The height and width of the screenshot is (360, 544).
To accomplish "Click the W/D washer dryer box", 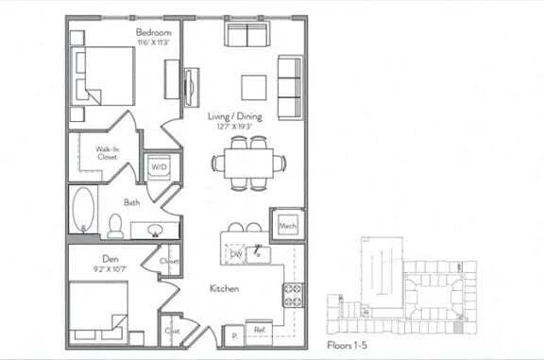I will (158, 166).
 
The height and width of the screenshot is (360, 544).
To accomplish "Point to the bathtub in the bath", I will (83, 209).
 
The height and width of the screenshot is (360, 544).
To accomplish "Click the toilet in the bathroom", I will (115, 226).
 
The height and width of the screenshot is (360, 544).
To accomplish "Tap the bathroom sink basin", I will (152, 229).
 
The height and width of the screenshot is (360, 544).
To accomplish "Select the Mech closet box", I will (288, 226).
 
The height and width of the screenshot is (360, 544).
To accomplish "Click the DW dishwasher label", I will (237, 254).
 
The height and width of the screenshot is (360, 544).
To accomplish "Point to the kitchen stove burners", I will (293, 296).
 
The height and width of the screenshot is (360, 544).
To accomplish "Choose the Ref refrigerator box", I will (259, 331).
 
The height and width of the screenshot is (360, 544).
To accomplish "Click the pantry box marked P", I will (232, 333).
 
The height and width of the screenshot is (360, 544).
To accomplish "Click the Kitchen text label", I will (224, 288).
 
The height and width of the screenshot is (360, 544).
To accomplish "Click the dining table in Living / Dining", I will (249, 163).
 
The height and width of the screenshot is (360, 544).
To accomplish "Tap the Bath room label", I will (131, 201).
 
